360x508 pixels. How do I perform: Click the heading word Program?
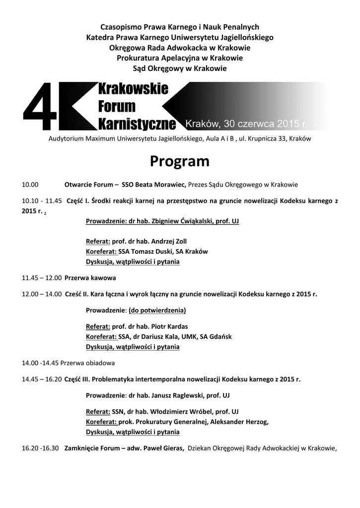tap(180, 161)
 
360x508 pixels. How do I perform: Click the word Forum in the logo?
tap(117, 106)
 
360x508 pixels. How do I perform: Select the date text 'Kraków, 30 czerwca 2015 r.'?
tap(246, 123)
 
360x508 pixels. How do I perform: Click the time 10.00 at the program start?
tap(30, 185)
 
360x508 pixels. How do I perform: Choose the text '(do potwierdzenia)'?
tap(157, 311)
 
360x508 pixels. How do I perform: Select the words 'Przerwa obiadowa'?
tap(91, 363)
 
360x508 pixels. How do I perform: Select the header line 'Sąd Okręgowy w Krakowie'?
tap(180, 68)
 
